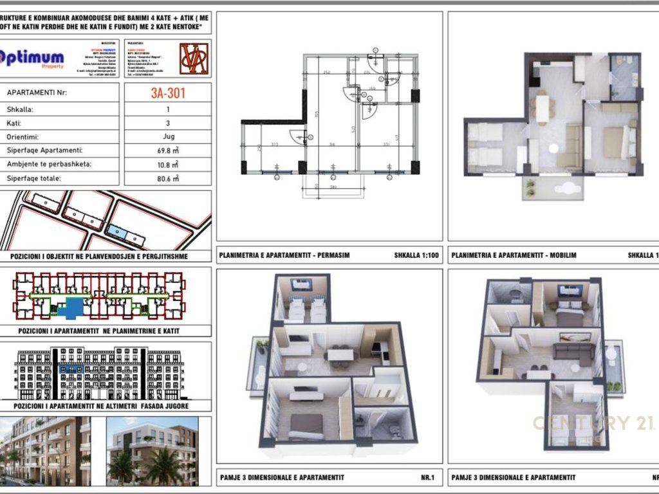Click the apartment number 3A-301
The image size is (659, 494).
click(x=168, y=93)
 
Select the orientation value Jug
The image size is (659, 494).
click(x=168, y=137)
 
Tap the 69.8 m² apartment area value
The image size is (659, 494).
click(x=168, y=151)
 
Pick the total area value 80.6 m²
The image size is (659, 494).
click(x=168, y=178)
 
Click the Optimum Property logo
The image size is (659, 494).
click(x=33, y=59)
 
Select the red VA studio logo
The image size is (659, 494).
click(x=194, y=59)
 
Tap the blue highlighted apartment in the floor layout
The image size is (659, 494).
click(x=70, y=307)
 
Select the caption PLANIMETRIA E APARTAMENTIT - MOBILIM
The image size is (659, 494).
click(x=514, y=255)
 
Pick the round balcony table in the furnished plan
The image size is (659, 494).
click(x=568, y=190)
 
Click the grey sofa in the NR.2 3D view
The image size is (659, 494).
click(x=573, y=351)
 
